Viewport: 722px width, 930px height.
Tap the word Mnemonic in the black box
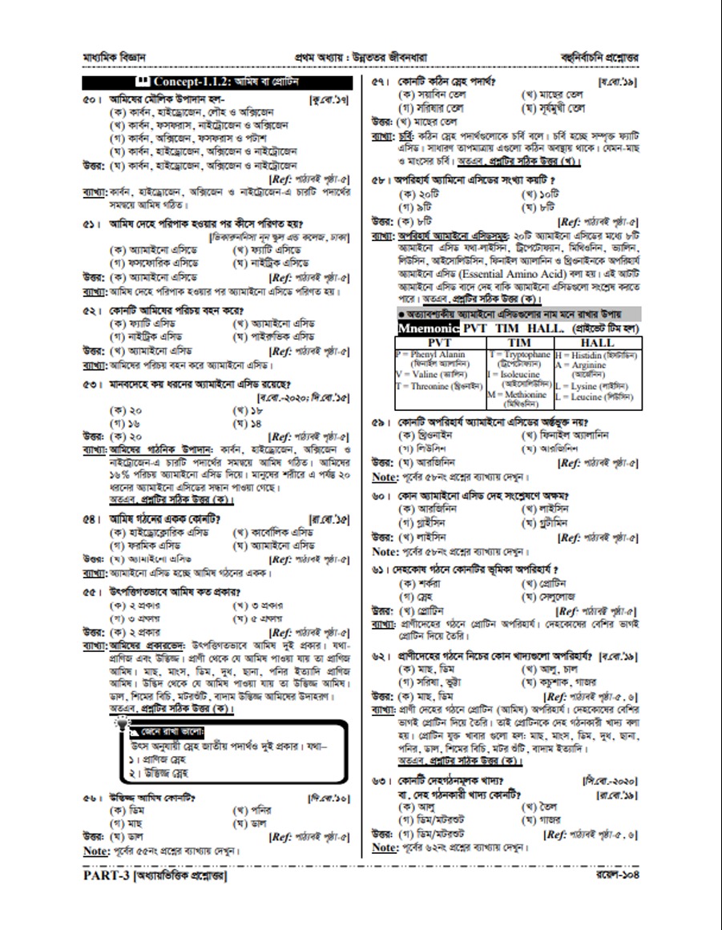[428, 329]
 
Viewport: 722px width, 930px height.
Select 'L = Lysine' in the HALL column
[594, 385]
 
